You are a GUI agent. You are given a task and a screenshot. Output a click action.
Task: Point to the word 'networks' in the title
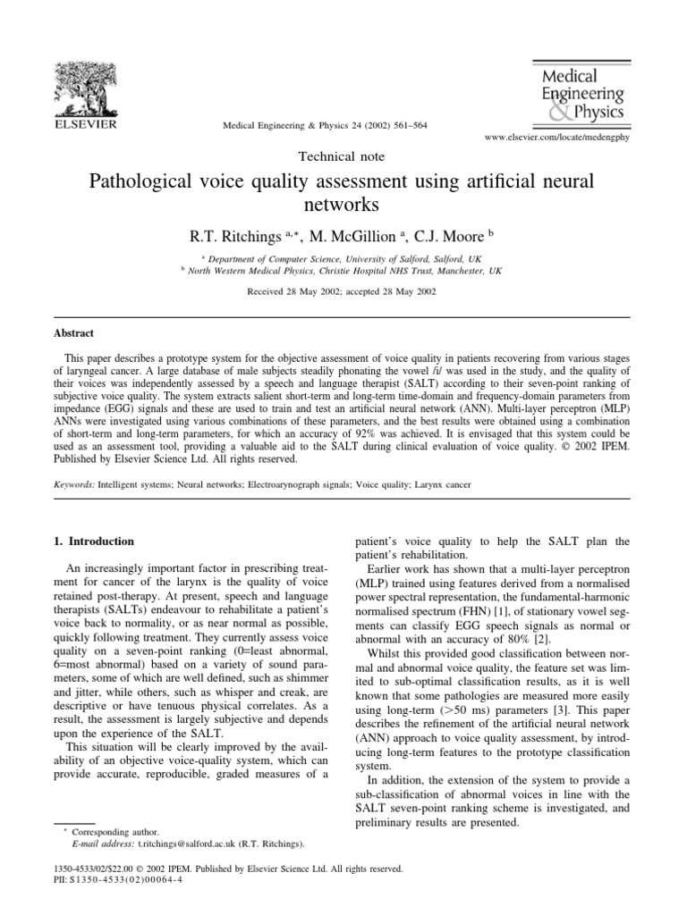(342, 206)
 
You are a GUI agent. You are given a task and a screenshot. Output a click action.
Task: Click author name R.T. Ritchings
(221, 236)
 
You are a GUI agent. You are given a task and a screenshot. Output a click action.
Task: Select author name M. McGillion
(349, 236)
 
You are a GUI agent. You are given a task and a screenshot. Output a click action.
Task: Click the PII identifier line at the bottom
(122, 880)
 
